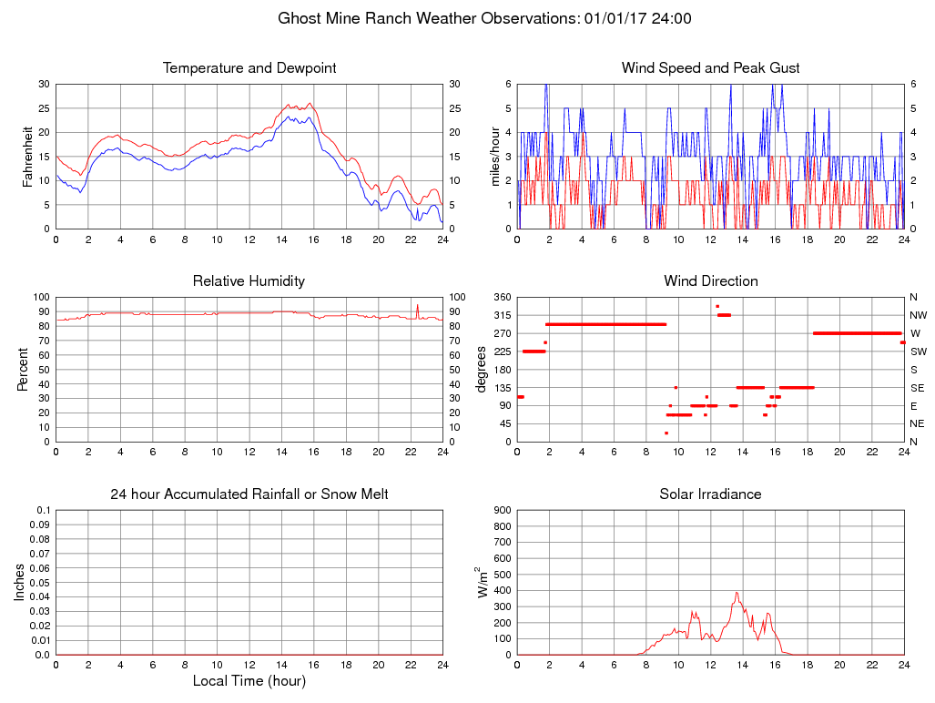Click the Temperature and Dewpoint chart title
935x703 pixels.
point(249,68)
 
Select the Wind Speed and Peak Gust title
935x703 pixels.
point(711,68)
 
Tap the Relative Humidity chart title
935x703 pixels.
point(249,281)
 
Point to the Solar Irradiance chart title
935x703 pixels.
point(711,494)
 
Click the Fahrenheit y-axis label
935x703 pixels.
point(27,157)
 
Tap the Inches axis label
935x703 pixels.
point(20,583)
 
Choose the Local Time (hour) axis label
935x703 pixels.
point(249,680)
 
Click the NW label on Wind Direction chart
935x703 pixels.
point(918,315)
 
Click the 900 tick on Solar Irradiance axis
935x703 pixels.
point(500,510)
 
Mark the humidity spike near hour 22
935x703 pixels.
point(418,306)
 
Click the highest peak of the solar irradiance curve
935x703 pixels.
point(737,593)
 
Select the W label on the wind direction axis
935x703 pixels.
point(915,333)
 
